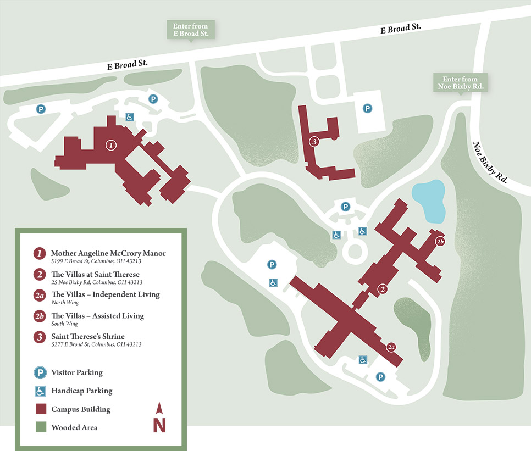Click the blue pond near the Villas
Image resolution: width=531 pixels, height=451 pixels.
(x=429, y=199)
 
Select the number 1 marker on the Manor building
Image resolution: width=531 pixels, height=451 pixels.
(x=111, y=146)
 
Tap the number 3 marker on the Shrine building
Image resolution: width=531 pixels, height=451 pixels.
(x=314, y=142)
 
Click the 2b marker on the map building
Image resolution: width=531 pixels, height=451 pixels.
(x=440, y=241)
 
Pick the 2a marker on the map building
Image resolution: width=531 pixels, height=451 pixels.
(x=391, y=347)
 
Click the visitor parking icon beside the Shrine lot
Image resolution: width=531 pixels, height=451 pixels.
(x=367, y=108)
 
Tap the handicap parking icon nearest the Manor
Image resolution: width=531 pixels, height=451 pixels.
(x=130, y=116)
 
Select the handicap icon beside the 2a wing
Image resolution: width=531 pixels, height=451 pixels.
(x=363, y=360)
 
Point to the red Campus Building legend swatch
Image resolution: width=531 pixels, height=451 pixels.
(x=41, y=409)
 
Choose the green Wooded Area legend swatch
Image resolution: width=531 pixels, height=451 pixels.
(x=41, y=427)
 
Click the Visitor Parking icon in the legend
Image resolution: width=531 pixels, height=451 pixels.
(x=41, y=372)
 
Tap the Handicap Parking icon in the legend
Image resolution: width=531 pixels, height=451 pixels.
(x=41, y=391)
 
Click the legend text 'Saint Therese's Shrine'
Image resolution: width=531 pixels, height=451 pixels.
(x=88, y=336)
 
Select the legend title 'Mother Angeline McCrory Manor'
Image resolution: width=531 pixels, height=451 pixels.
(x=108, y=253)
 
